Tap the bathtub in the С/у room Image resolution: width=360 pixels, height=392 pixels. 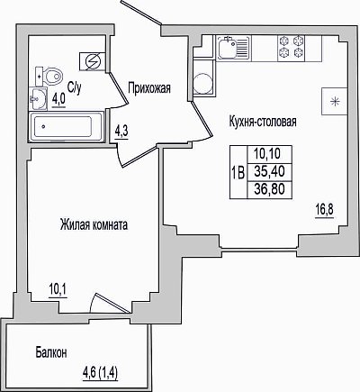[66, 126]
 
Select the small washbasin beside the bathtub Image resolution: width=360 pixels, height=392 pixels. [38, 98]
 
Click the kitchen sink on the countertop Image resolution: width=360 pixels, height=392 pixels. [233, 48]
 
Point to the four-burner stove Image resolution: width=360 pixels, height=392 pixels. [291, 47]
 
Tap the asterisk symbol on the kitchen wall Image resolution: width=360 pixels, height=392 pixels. [334, 102]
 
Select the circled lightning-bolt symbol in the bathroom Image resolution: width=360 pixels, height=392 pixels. [93, 62]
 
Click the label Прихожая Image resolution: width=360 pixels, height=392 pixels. [149, 88]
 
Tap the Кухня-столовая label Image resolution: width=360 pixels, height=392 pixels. [263, 122]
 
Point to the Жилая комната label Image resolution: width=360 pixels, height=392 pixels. [94, 224]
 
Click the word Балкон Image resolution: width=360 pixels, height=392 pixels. [51, 352]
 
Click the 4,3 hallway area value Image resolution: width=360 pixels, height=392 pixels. [121, 132]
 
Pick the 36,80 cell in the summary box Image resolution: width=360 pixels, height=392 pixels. [269, 189]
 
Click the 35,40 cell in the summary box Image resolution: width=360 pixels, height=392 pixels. [269, 172]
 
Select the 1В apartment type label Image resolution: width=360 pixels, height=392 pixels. [238, 173]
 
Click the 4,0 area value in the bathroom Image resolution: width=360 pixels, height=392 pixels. [59, 99]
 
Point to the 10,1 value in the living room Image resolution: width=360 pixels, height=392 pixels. [58, 290]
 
